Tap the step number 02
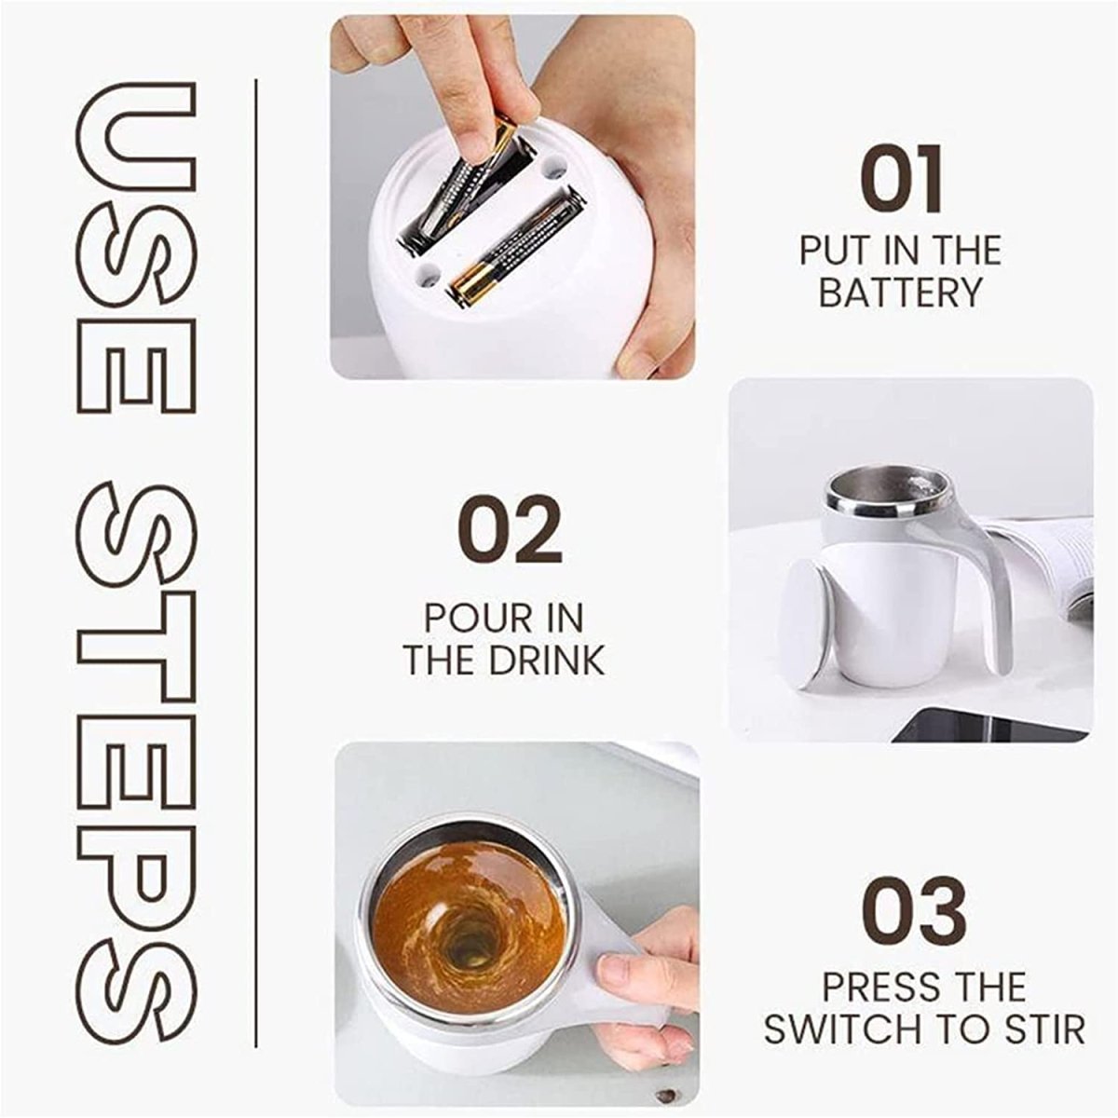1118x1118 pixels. point(510,529)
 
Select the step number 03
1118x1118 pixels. point(913,910)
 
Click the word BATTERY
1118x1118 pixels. point(901,293)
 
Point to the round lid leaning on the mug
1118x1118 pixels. point(803,622)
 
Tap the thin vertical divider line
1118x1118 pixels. point(255,559)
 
